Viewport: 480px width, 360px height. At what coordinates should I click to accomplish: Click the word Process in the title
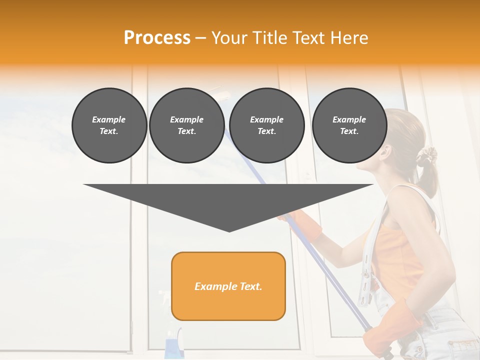click(157, 37)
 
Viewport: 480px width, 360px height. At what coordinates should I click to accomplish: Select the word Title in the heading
click(270, 37)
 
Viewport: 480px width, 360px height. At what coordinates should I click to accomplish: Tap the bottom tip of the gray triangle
click(229, 231)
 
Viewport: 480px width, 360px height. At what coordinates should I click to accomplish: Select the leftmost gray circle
click(109, 125)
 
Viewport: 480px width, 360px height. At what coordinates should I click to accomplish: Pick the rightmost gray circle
click(349, 125)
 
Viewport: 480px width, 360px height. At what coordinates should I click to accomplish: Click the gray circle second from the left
click(186, 125)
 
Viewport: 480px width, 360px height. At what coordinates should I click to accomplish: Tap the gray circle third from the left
click(266, 125)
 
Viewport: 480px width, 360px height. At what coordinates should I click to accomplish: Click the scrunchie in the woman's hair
click(427, 157)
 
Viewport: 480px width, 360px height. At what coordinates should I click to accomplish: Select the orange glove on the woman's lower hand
click(385, 330)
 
